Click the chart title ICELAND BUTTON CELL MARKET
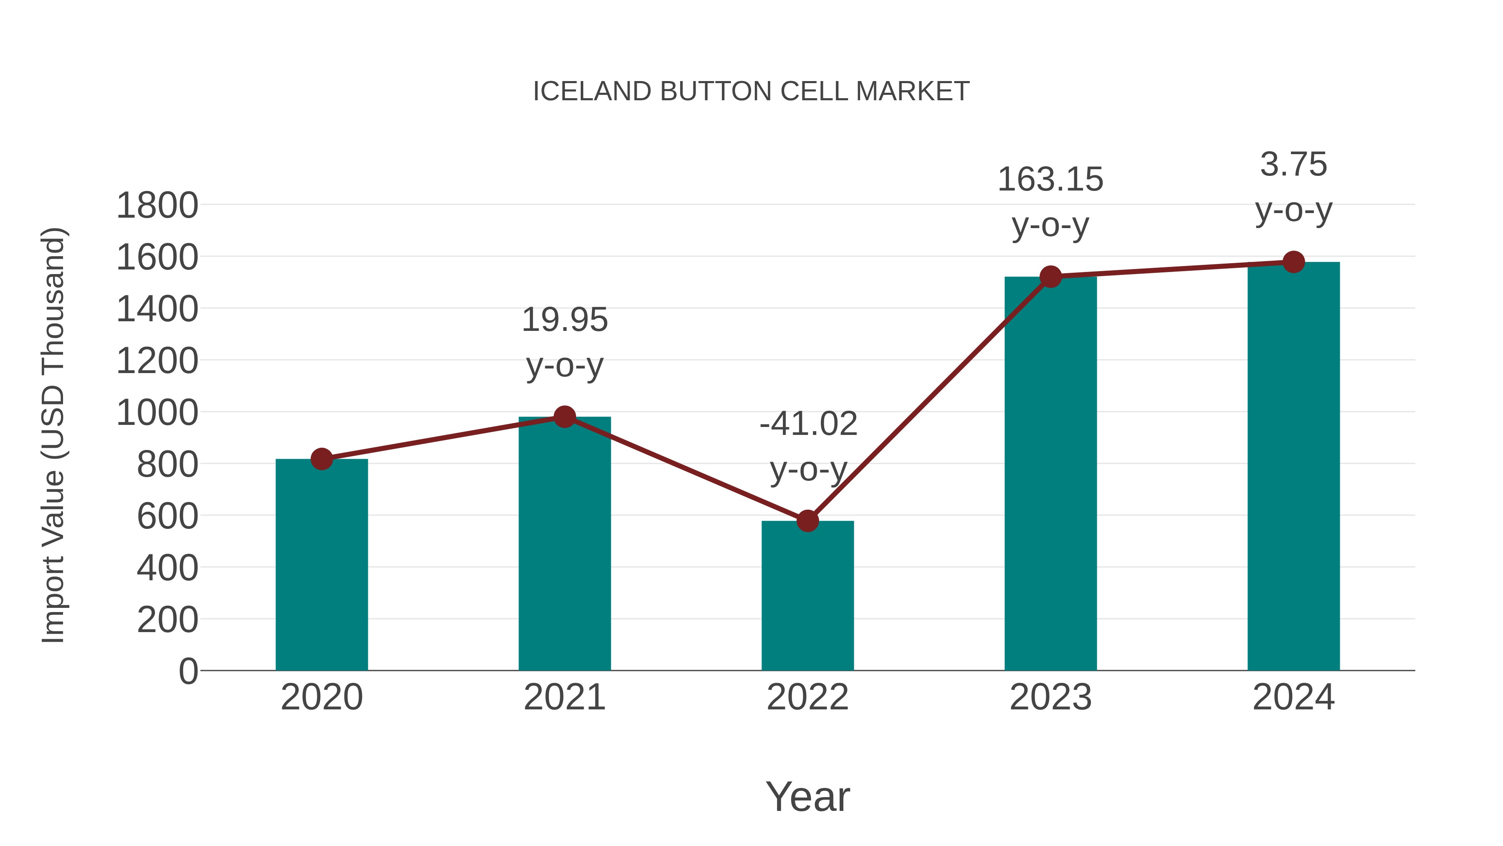pos(751,91)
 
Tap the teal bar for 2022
pos(807,595)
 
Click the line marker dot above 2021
pos(564,417)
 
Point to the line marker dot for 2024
pos(1293,262)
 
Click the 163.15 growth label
pos(1050,180)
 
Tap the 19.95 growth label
pos(564,320)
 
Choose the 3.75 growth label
pos(1293,165)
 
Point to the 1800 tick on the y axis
pos(157,206)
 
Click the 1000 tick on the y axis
pos(157,413)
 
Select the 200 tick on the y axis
pos(167,620)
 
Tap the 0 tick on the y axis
pos(188,671)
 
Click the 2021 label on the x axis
pos(564,697)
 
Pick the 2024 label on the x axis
pos(1293,697)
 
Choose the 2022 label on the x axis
pos(807,697)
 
